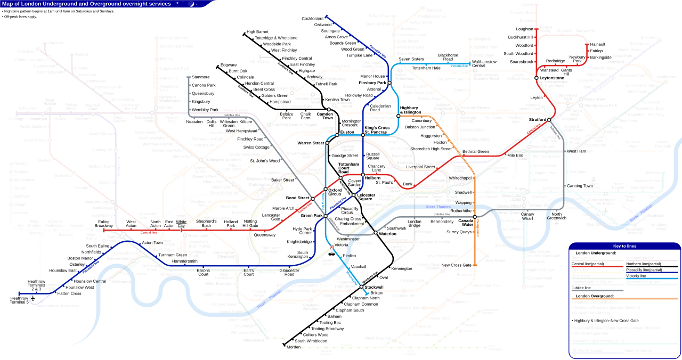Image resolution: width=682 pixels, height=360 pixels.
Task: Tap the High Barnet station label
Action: [257, 32]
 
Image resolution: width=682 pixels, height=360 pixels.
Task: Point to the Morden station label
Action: [294, 347]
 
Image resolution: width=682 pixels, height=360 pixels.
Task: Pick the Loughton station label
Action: [524, 29]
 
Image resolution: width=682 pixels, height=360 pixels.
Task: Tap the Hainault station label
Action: [597, 44]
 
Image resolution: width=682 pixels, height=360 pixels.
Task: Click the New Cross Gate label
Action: [456, 265]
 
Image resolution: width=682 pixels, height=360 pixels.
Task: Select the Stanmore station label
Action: [200, 77]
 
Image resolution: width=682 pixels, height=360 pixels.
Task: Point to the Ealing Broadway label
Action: [103, 223]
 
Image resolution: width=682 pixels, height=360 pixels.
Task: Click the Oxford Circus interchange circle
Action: [326, 190]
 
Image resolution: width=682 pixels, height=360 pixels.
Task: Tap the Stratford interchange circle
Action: [549, 120]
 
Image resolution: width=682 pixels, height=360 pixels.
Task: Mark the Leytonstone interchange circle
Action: [537, 78]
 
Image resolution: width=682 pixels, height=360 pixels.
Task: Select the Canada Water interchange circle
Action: [474, 217]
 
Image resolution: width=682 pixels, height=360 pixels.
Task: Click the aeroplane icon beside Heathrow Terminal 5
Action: [33, 298]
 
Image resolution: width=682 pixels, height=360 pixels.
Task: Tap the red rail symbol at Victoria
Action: [331, 248]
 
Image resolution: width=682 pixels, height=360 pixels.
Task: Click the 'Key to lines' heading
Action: [624, 246]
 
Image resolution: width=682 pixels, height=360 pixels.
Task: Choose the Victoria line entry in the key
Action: [637, 276]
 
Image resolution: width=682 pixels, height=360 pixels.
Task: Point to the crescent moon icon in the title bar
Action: [191, 4]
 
